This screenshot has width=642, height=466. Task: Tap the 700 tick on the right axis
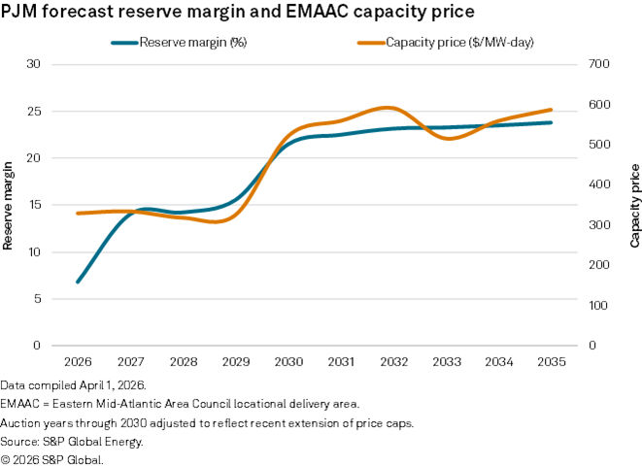click(599, 64)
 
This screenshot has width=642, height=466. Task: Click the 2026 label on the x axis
click(78, 362)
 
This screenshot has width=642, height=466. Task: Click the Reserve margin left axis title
click(9, 205)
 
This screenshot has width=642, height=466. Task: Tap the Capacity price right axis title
click(634, 205)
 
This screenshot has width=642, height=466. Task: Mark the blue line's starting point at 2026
click(78, 282)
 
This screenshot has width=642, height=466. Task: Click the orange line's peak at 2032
click(389, 108)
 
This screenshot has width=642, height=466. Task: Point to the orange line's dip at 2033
click(447, 139)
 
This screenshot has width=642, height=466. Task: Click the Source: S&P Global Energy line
click(73, 442)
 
